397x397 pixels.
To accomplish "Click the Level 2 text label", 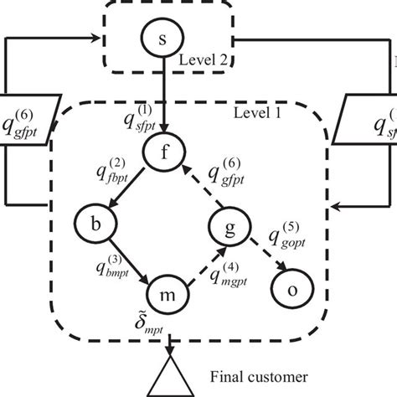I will (204, 59).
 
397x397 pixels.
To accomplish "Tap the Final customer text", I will (261, 379).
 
